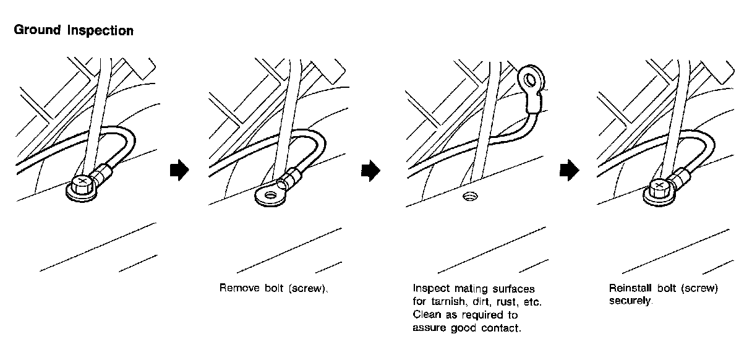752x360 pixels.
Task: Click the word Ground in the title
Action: [x=37, y=30]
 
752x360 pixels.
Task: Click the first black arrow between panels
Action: [x=178, y=171]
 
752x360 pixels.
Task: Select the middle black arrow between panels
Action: [x=370, y=171]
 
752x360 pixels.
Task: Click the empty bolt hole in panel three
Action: [x=470, y=197]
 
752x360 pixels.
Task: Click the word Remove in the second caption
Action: [x=237, y=289]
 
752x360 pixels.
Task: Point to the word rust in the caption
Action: [x=506, y=302]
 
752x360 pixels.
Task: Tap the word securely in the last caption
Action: [x=630, y=301]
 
